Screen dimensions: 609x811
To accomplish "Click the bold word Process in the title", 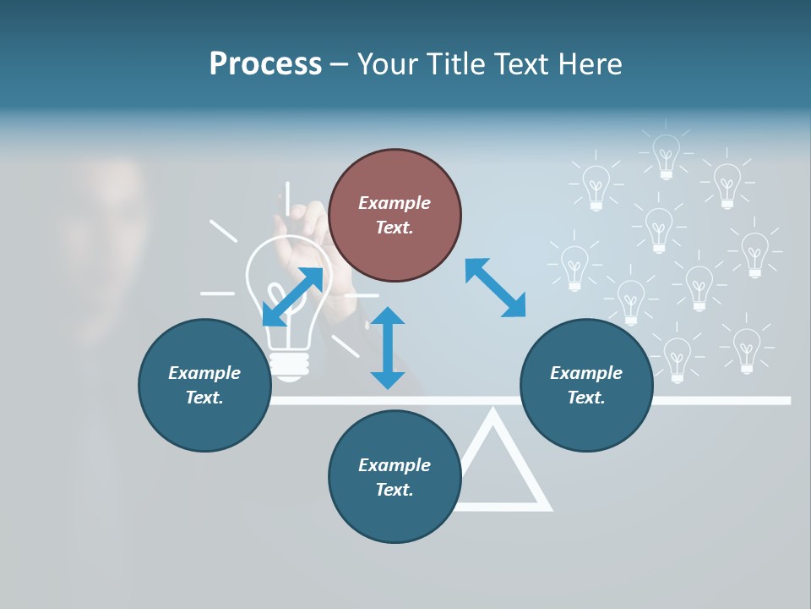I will click(265, 64).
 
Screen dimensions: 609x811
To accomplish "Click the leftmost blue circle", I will click(204, 385).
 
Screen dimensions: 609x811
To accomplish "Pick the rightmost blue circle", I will click(586, 385).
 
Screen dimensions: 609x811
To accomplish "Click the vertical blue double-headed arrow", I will click(388, 348).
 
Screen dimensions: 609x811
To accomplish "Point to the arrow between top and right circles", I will click(495, 288).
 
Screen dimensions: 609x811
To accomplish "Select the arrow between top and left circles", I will click(292, 297).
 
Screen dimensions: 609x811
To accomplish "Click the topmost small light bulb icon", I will click(667, 156).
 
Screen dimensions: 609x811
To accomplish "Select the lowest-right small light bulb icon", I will click(746, 349).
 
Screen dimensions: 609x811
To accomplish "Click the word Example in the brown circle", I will click(395, 203).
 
